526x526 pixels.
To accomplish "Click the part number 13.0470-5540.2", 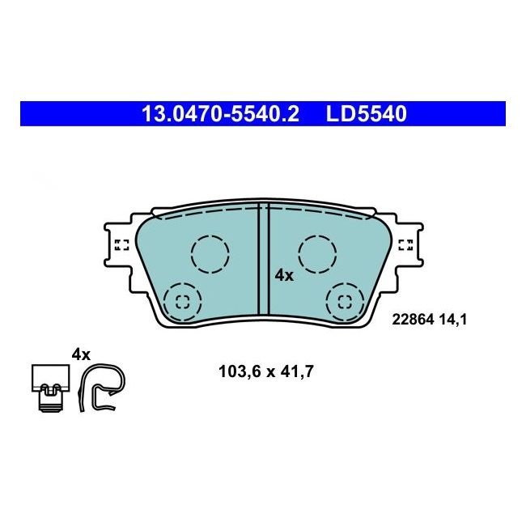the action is point(220,114).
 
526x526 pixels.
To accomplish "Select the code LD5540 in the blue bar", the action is point(367,114).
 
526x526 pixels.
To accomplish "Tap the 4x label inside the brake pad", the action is point(284,275).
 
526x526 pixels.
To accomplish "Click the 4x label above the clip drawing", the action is point(81,354).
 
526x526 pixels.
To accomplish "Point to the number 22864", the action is point(413,320).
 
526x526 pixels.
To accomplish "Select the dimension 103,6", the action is point(240,371).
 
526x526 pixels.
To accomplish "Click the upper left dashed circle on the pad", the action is point(210,253).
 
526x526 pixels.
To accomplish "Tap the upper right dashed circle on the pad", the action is point(317,253).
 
